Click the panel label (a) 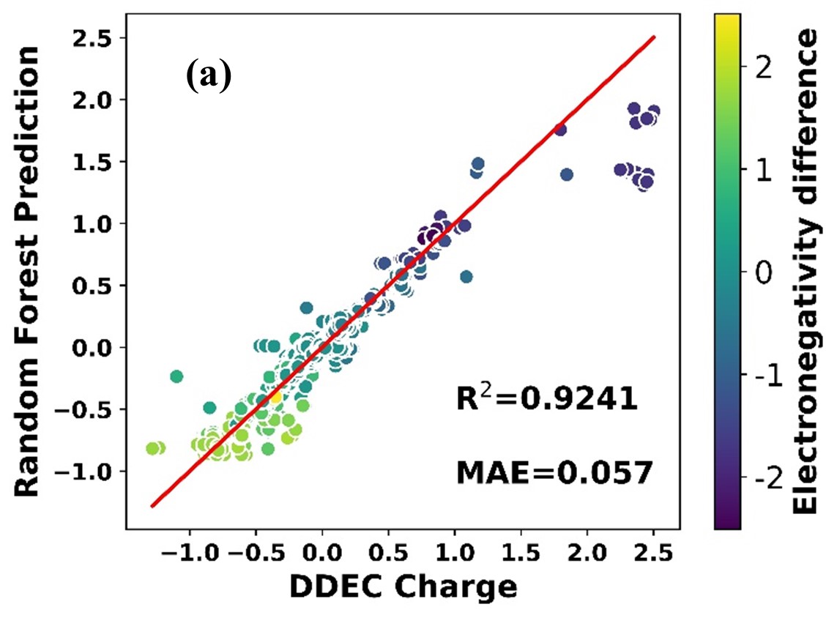207,76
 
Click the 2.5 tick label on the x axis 653,552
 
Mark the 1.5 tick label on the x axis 521,552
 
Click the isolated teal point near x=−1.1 176,376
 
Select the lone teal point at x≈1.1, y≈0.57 466,276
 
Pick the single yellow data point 275,396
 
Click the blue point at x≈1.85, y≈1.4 566,174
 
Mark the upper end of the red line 653,37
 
